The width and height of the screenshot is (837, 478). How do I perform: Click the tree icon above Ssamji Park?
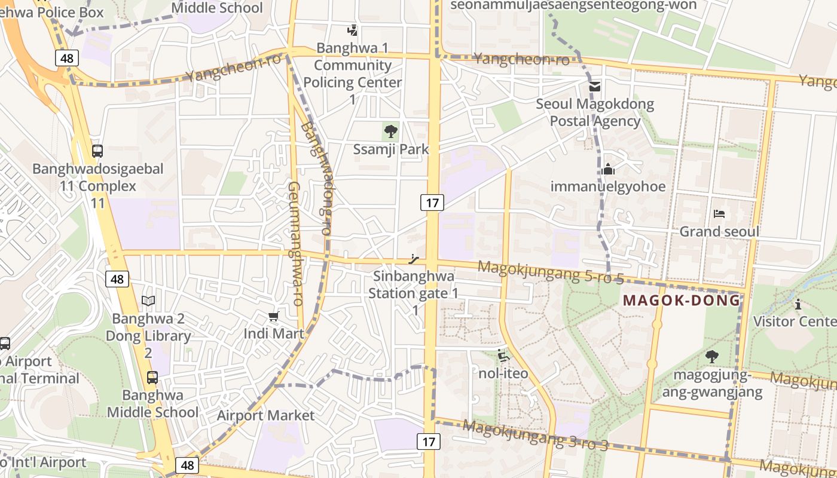point(391,130)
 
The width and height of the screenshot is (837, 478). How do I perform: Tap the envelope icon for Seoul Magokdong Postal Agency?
point(595,87)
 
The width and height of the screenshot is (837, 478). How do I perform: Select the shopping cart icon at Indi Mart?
point(274,316)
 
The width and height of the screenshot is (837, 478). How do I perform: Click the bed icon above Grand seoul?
point(719,214)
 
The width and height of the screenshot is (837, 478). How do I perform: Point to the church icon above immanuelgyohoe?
point(608,169)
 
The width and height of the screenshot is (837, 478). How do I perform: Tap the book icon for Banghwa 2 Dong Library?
point(148,301)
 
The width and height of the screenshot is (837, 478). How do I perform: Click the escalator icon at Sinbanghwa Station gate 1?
point(413,259)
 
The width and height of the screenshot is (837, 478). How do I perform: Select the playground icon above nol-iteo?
point(503,356)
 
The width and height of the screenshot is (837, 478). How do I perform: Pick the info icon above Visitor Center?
point(798,304)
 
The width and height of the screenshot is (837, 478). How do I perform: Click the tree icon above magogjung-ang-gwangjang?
point(711,357)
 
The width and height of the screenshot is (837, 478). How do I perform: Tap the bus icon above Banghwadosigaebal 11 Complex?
point(97,151)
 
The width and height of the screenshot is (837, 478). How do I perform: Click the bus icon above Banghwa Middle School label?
point(152,378)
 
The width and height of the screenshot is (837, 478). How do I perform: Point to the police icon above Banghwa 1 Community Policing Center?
point(353,30)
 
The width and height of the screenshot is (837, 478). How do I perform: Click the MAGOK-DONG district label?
point(682,300)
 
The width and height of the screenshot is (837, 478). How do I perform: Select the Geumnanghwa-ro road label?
point(296,244)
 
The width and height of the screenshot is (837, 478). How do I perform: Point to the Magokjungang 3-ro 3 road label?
point(536,435)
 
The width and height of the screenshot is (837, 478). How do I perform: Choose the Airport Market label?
point(265,415)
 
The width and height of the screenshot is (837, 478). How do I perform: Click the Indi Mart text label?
point(274,333)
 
